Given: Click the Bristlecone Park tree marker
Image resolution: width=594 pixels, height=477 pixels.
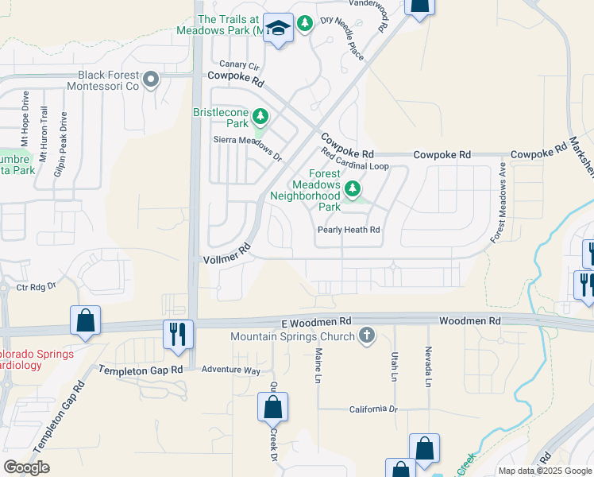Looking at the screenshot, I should [x=260, y=118].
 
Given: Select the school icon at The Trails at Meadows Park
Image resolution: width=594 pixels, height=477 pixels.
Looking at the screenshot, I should [x=278, y=29].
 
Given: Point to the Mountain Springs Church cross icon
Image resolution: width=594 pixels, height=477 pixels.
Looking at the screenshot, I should [x=366, y=335].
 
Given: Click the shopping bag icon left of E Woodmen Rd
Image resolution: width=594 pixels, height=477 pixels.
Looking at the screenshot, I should [x=85, y=320].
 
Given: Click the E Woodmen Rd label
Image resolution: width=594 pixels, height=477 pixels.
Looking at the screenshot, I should [x=316, y=321].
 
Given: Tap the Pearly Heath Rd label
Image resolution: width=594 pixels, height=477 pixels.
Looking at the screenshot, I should [x=349, y=230].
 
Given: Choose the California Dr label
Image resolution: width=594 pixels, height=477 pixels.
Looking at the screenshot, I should [x=372, y=409].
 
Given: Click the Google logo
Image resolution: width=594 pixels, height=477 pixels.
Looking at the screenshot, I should [x=26, y=467].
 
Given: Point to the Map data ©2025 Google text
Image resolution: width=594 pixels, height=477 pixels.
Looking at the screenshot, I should [x=545, y=471].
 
